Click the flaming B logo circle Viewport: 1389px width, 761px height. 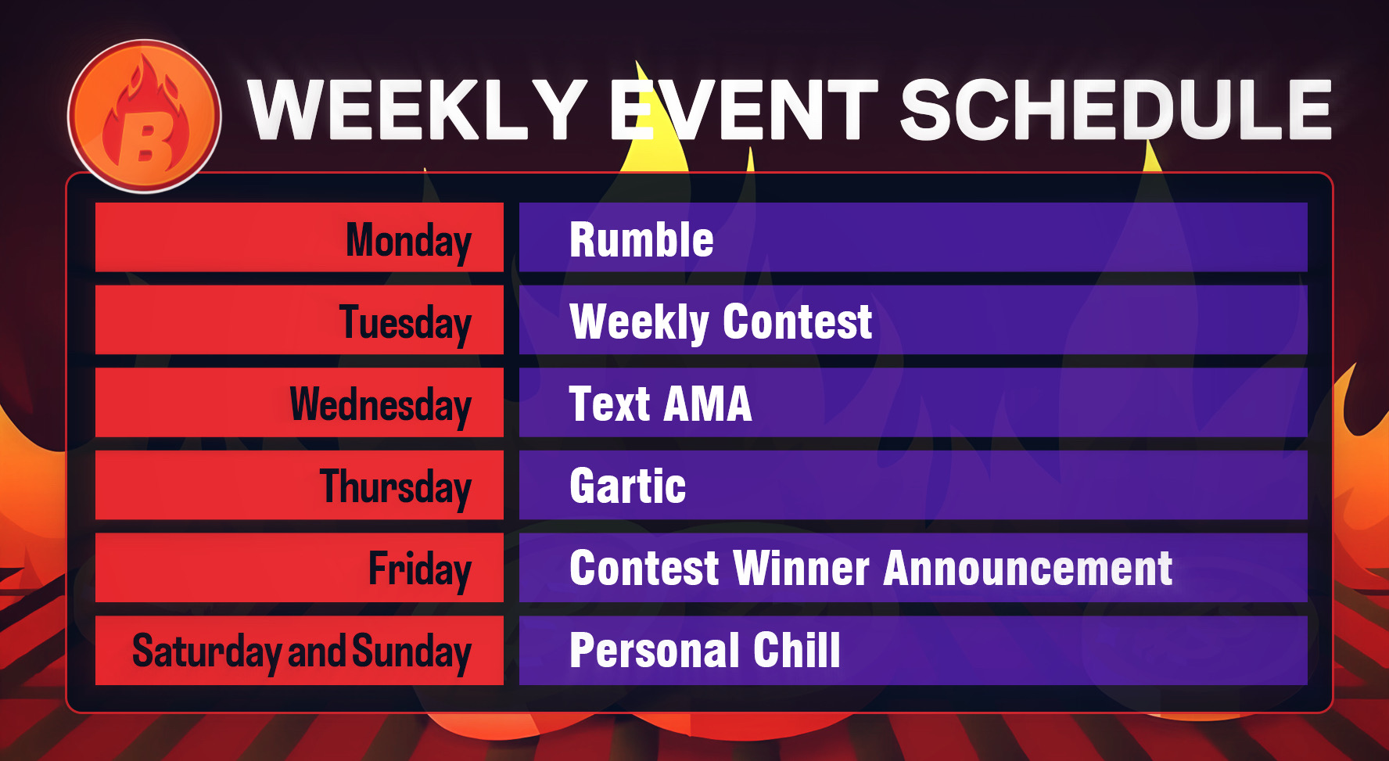[145, 116]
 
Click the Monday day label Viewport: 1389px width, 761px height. [408, 240]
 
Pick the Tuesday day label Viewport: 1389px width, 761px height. [405, 323]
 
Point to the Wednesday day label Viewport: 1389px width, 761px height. [380, 405]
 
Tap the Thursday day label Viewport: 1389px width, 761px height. [396, 487]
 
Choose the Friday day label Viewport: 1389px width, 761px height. [420, 569]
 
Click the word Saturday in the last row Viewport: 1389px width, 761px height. [206, 652]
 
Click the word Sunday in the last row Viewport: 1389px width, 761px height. [411, 652]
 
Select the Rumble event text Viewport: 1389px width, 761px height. [641, 239]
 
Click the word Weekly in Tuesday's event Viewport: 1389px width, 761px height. [639, 322]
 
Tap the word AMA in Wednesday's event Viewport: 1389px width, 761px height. [708, 404]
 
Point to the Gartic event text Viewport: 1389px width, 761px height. [628, 486]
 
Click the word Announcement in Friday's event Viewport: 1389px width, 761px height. [1028, 569]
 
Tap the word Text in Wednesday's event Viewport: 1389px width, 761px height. [609, 404]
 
